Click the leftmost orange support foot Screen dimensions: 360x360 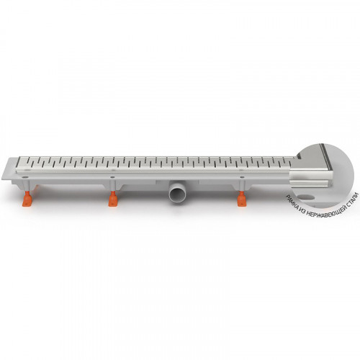27,199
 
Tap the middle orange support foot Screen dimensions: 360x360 113,199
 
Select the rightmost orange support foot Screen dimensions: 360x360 242,199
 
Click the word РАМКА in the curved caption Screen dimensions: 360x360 291,203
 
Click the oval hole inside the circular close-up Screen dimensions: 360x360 306,197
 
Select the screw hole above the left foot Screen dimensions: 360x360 25,177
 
